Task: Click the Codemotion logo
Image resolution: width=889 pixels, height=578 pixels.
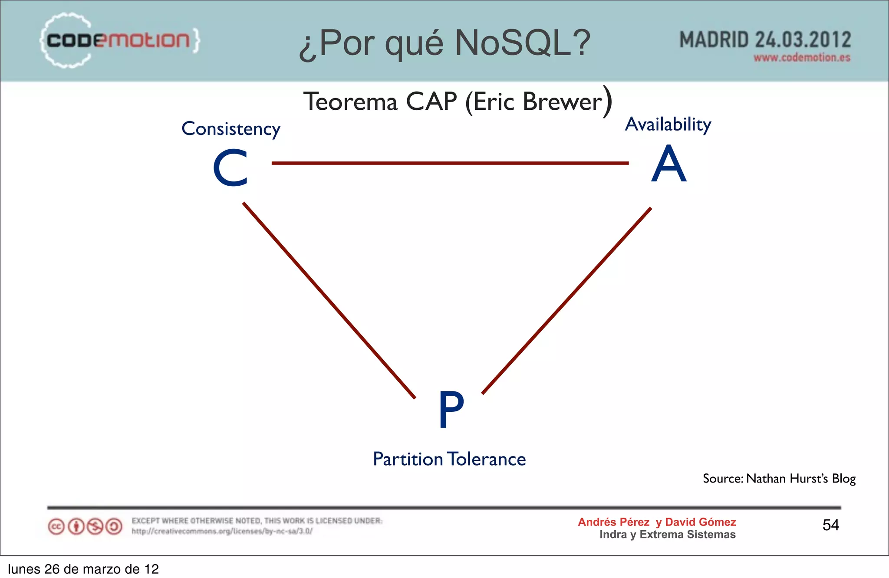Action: click(x=119, y=40)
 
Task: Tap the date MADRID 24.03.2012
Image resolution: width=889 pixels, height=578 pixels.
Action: click(x=765, y=40)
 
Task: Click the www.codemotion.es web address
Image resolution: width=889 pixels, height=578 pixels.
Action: click(x=801, y=58)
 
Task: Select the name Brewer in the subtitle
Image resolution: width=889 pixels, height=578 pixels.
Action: click(x=563, y=102)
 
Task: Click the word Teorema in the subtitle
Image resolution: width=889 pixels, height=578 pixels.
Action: click(x=350, y=102)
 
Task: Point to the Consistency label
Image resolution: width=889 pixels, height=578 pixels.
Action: click(x=230, y=129)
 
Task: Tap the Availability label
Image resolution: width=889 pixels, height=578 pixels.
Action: click(x=668, y=125)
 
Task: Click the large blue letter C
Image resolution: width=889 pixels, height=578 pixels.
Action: click(x=230, y=168)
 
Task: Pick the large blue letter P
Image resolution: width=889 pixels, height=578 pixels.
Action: click(x=451, y=409)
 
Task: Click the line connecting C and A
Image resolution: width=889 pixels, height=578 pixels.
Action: click(x=450, y=163)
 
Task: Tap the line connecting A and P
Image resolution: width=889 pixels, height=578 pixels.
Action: click(x=566, y=301)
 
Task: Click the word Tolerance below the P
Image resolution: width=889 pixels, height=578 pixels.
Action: click(x=487, y=459)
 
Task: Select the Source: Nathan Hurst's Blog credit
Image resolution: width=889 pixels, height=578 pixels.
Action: click(x=779, y=479)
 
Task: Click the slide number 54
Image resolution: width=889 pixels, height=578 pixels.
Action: click(x=830, y=525)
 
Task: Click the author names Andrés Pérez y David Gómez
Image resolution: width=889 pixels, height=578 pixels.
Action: click(x=656, y=522)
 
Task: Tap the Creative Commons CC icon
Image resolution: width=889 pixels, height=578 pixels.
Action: click(x=56, y=527)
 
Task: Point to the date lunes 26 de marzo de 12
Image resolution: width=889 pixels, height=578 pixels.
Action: click(x=83, y=569)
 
